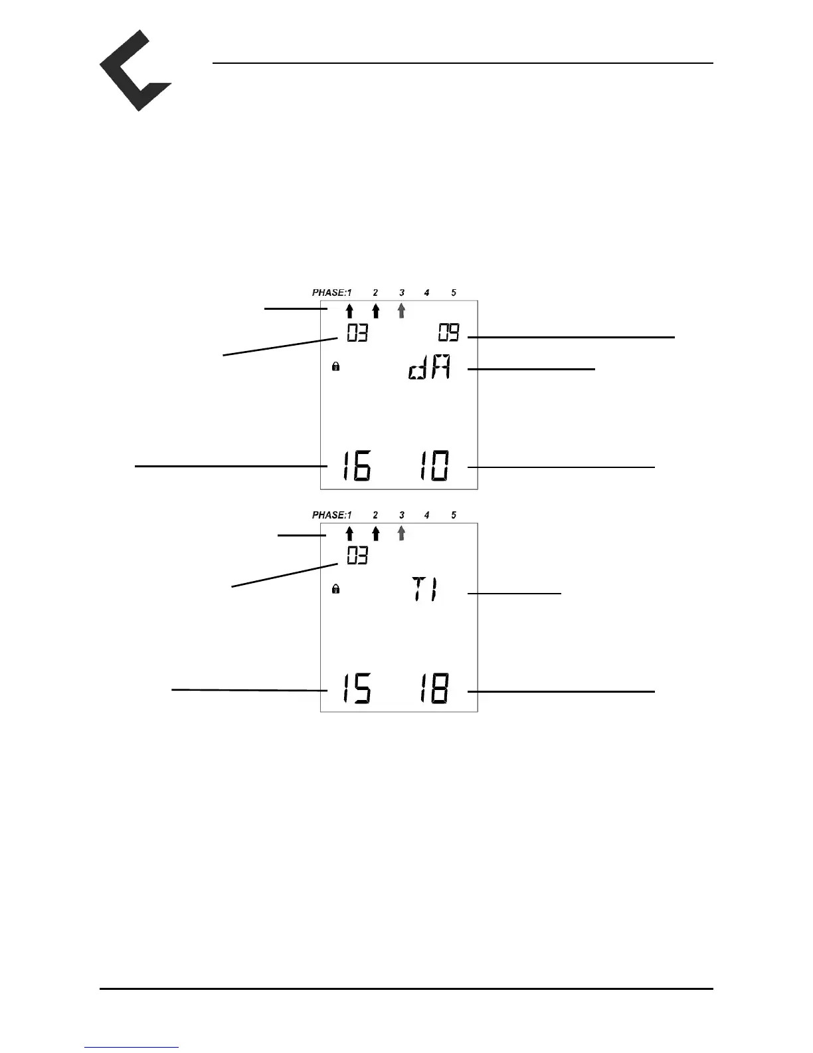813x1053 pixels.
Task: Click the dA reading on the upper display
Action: click(x=429, y=368)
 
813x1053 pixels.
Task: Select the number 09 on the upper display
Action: click(x=448, y=332)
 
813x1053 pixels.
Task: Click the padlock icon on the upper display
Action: click(x=336, y=366)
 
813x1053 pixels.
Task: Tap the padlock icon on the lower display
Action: click(x=336, y=589)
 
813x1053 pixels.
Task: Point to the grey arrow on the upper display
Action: click(x=401, y=310)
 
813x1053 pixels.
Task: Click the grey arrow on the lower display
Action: click(x=401, y=533)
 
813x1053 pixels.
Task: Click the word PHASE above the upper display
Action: click(x=329, y=292)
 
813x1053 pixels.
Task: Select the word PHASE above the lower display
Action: click(x=329, y=515)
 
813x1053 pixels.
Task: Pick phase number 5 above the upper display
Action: click(x=454, y=292)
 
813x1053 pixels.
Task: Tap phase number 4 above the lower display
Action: click(x=426, y=515)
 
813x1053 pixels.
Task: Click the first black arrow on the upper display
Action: click(x=349, y=310)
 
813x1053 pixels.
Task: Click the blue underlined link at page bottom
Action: click(x=132, y=1048)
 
